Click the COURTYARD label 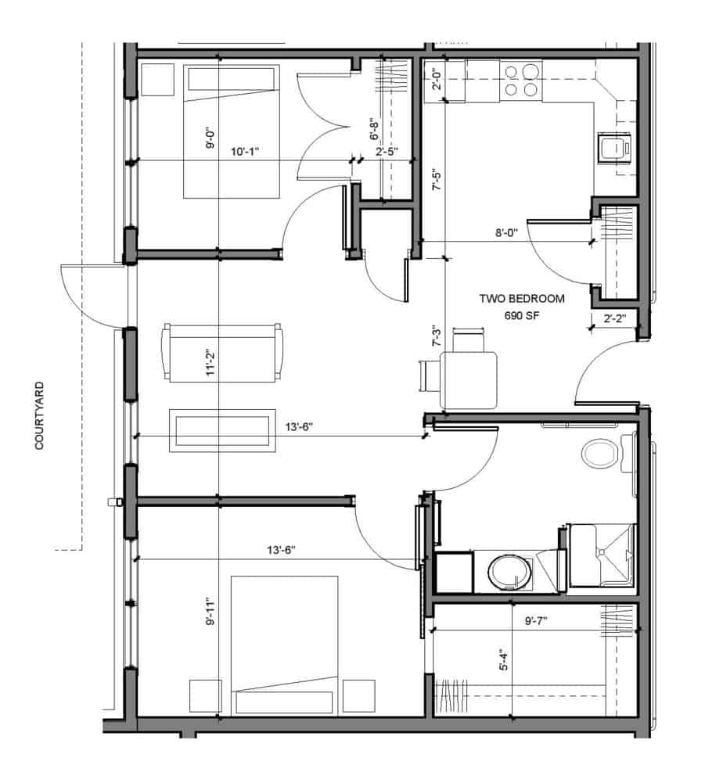tap(40, 415)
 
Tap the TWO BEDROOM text tap(522, 299)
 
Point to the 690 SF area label tap(522, 316)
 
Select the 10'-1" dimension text tap(245, 152)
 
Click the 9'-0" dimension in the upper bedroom tap(210, 138)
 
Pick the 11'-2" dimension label tap(210, 362)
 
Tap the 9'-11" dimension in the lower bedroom tap(210, 612)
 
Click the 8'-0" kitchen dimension tap(507, 233)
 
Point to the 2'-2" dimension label tap(614, 319)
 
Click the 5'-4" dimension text tap(504, 659)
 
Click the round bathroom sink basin tap(509, 572)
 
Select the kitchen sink tap(614, 147)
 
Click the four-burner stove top tap(520, 81)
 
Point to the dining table tap(469, 380)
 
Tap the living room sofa tap(222, 353)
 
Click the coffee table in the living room tap(222, 431)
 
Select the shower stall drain tap(602, 551)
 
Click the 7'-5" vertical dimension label tap(437, 180)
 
